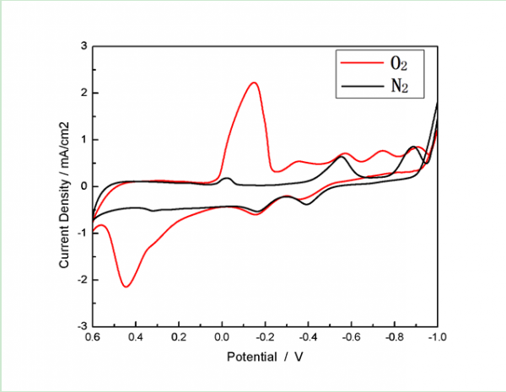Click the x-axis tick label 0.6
[x=92, y=336]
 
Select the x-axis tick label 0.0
[x=222, y=336]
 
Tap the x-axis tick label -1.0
[x=436, y=336]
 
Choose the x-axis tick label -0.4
[x=308, y=336]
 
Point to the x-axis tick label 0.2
[x=179, y=336]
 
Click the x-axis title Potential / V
[x=264, y=357]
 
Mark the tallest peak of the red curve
[x=253, y=83]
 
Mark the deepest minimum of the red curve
[x=126, y=287]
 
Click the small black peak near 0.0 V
[x=226, y=178]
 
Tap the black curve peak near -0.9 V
[x=412, y=147]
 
